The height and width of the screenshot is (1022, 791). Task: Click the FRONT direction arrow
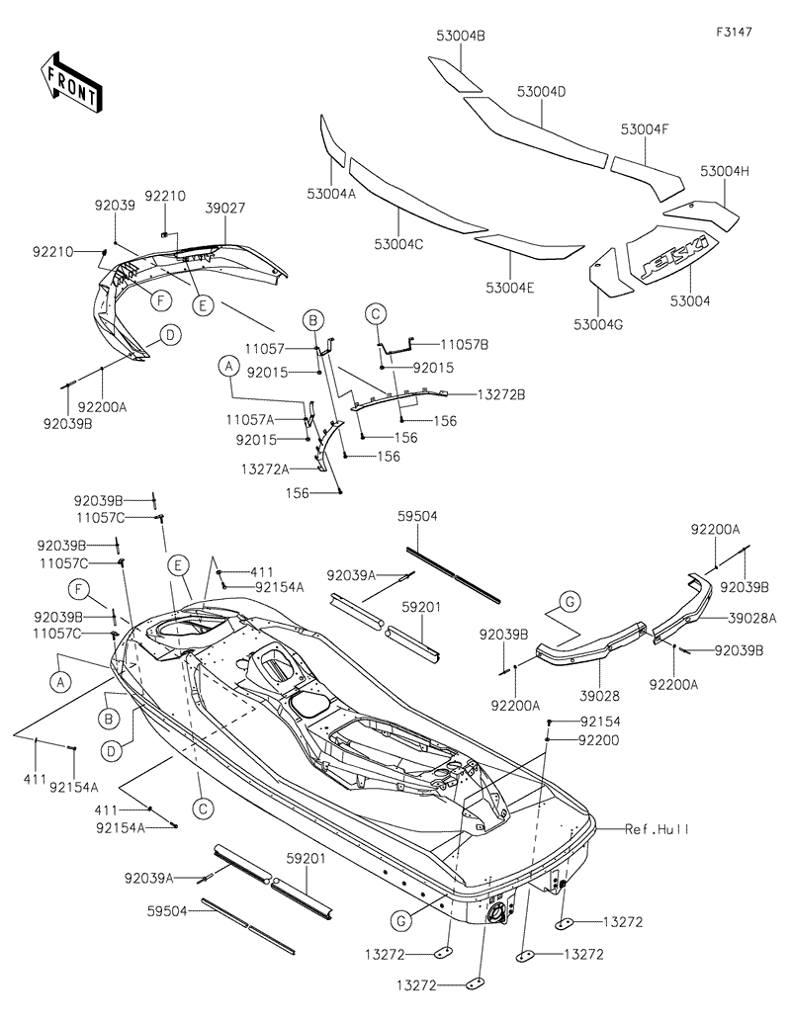(69, 82)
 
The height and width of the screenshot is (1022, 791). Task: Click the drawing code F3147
(735, 32)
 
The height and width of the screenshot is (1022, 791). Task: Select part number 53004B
(460, 36)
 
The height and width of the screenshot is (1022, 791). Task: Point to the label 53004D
(541, 92)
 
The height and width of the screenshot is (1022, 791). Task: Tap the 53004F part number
(646, 129)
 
